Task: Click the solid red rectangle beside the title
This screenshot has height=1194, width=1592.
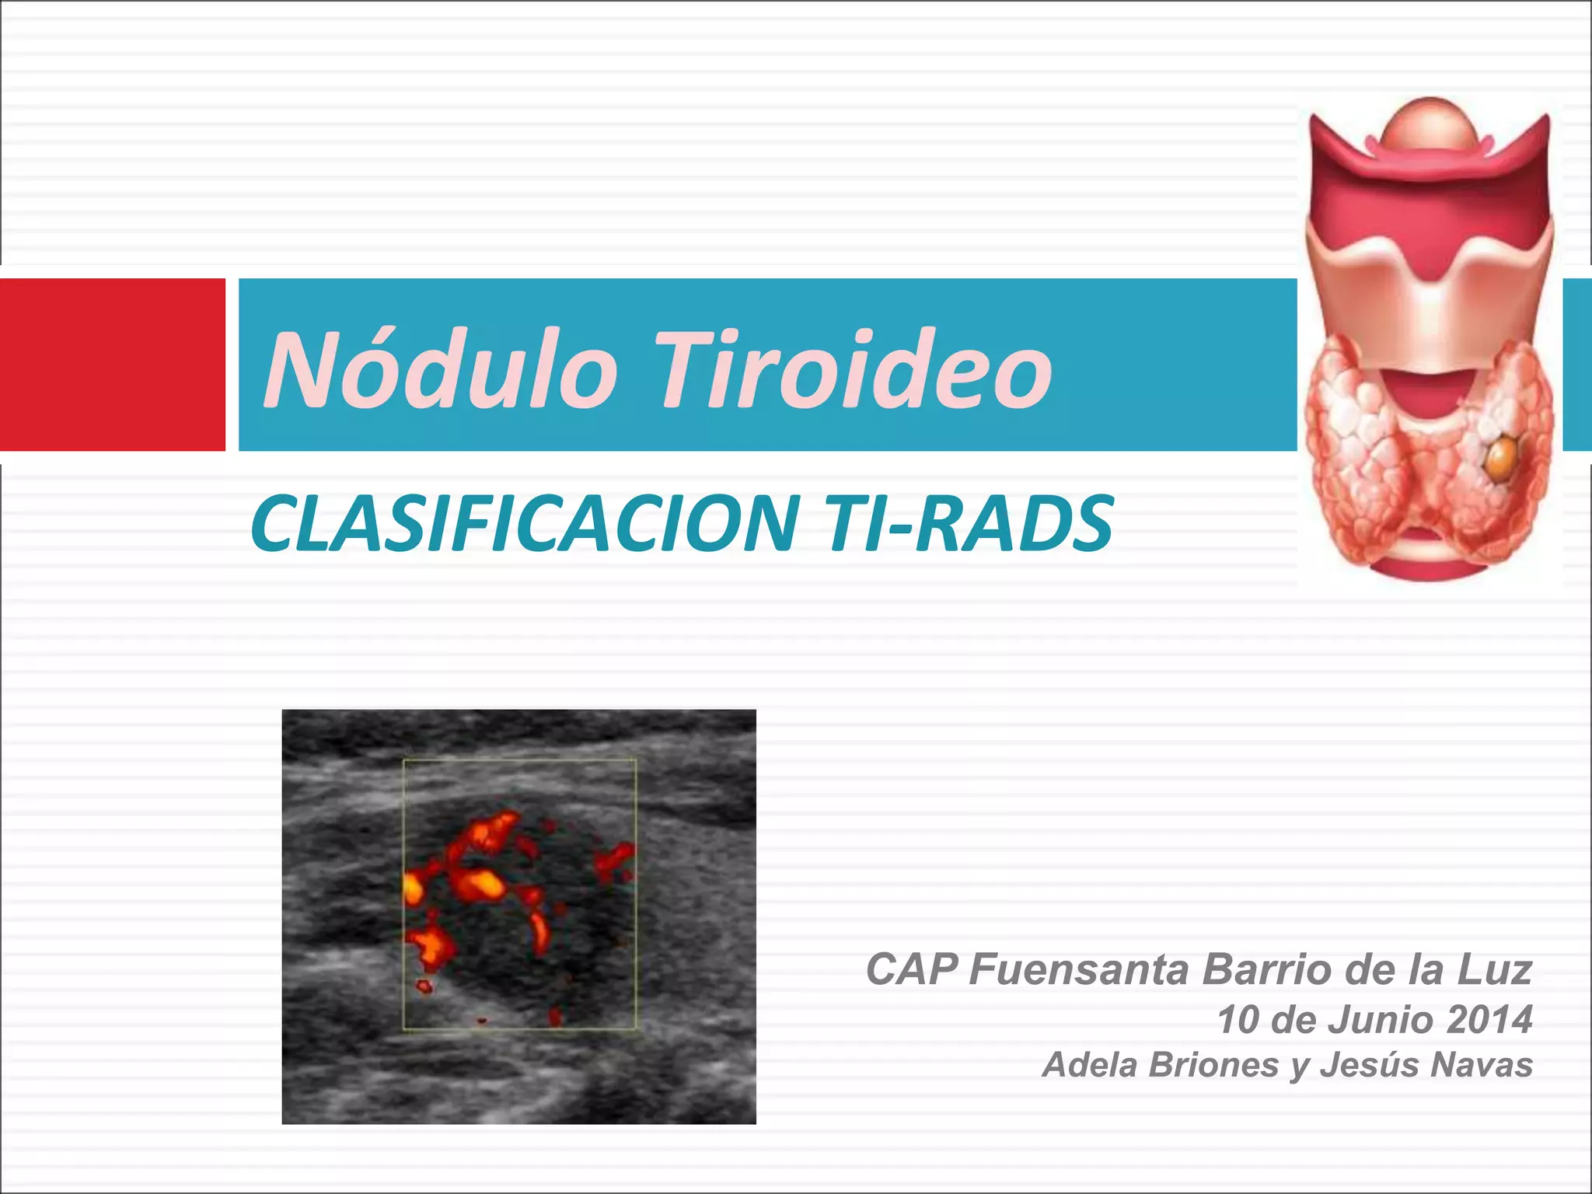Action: [112, 365]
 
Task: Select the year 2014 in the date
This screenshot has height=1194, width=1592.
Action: [1490, 1020]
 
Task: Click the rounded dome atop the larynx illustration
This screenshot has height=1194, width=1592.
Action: [1430, 124]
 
